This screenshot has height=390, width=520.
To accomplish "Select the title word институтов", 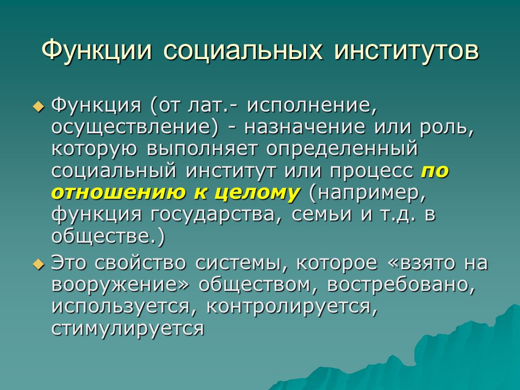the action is tap(406, 50).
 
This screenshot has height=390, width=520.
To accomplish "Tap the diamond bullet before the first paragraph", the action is tap(38, 107).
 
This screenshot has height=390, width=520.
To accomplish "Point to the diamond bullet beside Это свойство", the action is tap(38, 264).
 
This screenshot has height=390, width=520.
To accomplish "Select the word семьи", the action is tap(321, 215).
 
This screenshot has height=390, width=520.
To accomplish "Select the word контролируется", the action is tap(292, 307).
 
